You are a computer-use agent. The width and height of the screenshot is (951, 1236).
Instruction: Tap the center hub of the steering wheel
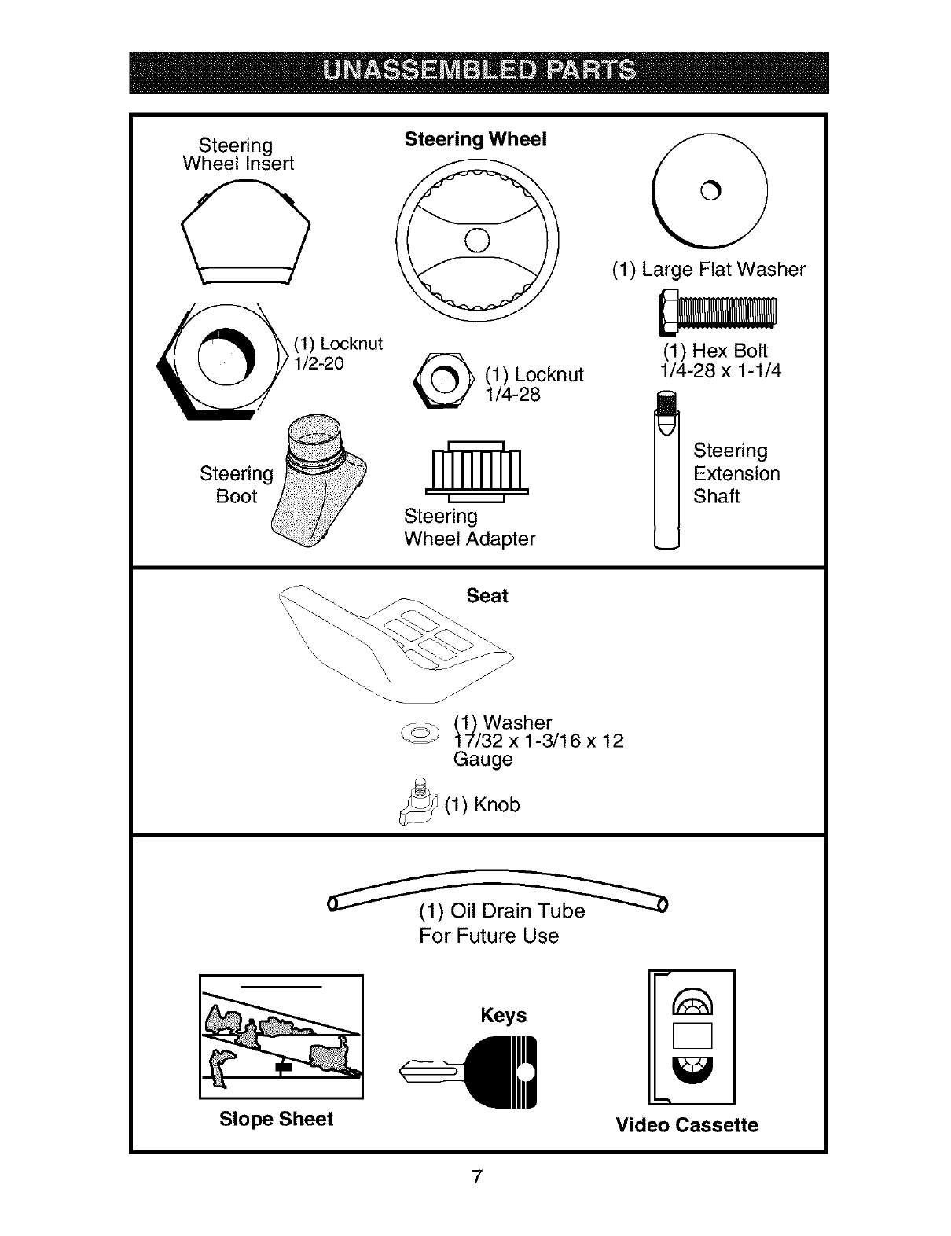(477, 240)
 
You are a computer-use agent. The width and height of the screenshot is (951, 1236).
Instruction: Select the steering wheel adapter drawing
(476, 471)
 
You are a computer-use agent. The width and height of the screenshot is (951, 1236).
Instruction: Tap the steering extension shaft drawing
(666, 472)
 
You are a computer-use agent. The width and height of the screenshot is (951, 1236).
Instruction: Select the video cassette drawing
(692, 1037)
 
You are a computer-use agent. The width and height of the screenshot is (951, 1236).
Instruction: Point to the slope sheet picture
(281, 1036)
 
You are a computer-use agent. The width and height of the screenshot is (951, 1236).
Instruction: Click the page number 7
(476, 1177)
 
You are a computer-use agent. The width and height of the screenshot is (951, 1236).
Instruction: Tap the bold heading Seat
(487, 596)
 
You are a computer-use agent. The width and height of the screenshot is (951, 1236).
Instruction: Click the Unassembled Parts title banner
(479, 72)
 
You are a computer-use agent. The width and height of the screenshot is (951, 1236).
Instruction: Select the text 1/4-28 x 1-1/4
(720, 370)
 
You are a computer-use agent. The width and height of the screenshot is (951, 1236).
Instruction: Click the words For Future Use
(488, 936)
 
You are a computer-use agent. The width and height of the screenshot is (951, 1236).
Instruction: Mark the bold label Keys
(503, 1015)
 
